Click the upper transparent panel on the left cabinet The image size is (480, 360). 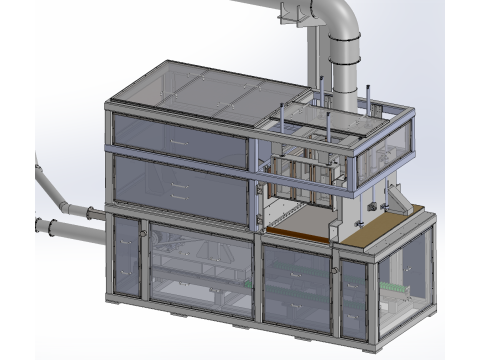tap(180, 140)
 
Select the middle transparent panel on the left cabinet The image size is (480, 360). tap(180, 187)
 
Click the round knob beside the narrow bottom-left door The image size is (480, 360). tap(144, 234)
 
